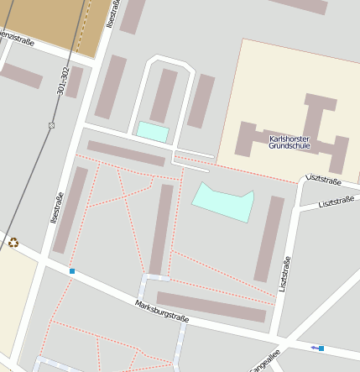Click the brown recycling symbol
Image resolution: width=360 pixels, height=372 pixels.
point(13,243)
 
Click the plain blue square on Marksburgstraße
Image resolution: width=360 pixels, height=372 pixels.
point(73,271)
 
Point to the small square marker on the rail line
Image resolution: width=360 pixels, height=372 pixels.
point(51,125)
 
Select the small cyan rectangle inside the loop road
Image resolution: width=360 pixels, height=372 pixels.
point(153,132)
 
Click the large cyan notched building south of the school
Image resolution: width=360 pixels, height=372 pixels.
point(223,202)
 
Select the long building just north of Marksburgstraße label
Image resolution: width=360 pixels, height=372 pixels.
point(211,307)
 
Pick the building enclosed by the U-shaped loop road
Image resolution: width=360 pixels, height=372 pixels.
point(164,95)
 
